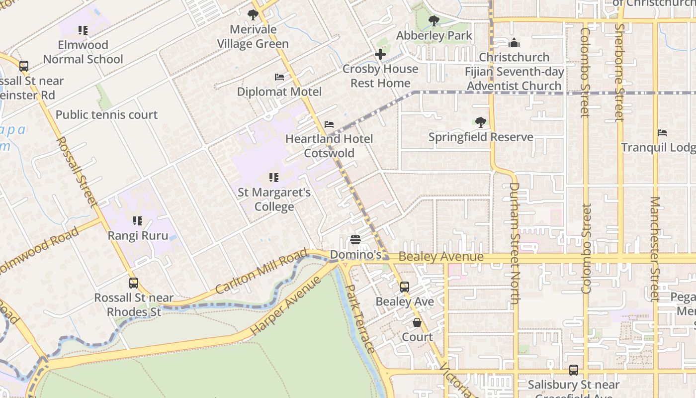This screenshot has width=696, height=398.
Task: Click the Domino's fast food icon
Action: click(x=355, y=240)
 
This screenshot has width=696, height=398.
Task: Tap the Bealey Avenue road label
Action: click(x=440, y=257)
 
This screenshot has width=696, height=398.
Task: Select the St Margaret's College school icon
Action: click(x=273, y=177)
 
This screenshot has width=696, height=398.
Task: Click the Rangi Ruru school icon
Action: click(x=138, y=220)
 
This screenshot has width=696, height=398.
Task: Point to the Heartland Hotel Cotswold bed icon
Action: click(x=329, y=124)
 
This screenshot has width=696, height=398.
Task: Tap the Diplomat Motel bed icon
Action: click(x=279, y=77)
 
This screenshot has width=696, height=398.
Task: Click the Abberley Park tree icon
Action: click(x=434, y=21)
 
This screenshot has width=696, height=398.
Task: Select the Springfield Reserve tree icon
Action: click(x=480, y=122)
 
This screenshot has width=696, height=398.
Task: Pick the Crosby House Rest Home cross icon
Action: click(x=380, y=54)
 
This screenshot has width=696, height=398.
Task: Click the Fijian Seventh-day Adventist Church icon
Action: click(x=514, y=43)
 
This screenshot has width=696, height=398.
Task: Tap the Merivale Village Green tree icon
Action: click(x=253, y=15)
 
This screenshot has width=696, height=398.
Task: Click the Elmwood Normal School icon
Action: click(x=83, y=30)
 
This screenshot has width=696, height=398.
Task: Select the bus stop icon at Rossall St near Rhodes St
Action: click(x=134, y=283)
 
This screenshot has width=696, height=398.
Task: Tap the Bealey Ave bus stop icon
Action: click(x=405, y=287)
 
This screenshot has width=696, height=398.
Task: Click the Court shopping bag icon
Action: click(x=417, y=322)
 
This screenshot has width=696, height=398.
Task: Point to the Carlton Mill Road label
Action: click(x=262, y=272)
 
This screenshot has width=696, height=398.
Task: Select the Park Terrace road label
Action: click(x=359, y=318)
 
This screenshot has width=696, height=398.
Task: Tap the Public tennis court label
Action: click(x=106, y=115)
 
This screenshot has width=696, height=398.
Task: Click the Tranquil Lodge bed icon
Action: click(x=662, y=133)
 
